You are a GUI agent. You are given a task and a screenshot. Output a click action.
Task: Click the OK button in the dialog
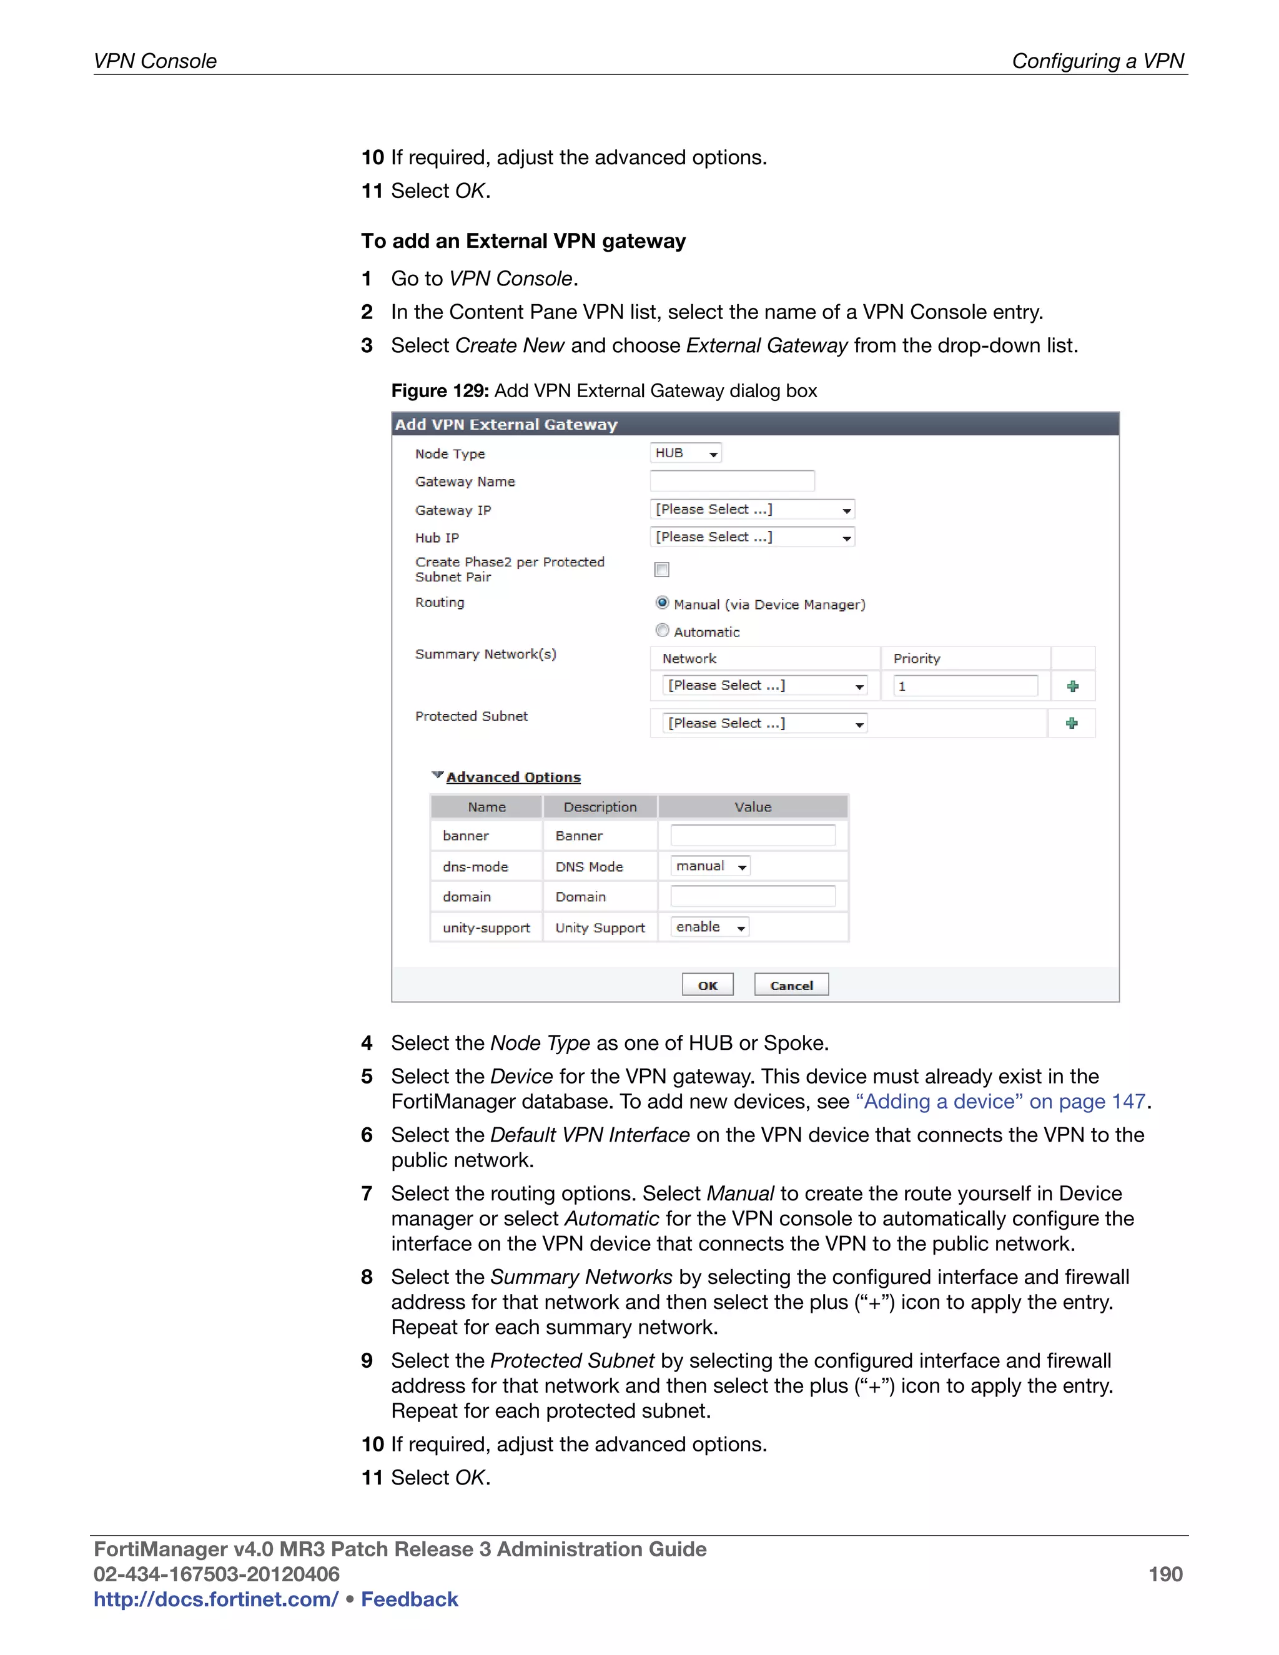[707, 984]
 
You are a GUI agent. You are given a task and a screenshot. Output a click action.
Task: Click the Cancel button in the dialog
[791, 984]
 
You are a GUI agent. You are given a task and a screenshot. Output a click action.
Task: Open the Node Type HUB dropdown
[685, 453]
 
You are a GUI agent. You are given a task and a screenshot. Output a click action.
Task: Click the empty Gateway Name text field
[732, 481]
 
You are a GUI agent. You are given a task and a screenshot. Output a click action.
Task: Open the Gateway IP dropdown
[752, 509]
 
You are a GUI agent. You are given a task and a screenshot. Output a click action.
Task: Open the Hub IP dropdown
[752, 537]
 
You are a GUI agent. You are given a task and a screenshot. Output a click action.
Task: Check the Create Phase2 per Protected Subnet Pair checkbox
[661, 569]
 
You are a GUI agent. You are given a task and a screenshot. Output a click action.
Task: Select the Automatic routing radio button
[662, 631]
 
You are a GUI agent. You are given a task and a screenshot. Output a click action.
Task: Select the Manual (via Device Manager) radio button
[662, 603]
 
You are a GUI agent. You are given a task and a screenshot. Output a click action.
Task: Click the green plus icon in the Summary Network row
[1072, 686]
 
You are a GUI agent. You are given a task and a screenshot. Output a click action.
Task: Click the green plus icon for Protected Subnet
[1072, 724]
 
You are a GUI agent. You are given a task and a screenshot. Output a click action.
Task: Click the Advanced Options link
[513, 777]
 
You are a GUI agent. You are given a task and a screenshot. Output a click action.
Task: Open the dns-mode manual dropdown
[710, 866]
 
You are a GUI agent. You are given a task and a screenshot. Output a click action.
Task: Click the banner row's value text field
[753, 835]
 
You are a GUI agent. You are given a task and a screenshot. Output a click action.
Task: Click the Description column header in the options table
[600, 807]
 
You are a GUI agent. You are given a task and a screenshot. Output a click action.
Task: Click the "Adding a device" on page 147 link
[1000, 1101]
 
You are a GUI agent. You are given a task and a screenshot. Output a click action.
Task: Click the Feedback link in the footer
[409, 1599]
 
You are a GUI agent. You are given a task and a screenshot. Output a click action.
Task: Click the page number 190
[1165, 1574]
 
